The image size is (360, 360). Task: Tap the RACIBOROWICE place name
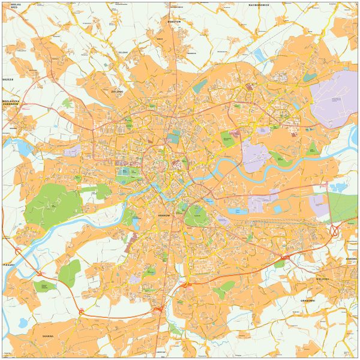259,4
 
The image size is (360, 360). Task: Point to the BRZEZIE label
7,79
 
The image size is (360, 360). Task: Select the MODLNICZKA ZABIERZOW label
11,103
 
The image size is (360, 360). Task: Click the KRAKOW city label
164,214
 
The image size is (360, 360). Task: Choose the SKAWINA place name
47,336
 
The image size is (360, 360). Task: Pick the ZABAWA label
351,259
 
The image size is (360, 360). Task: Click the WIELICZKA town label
322,279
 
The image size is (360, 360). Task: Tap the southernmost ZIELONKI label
117,91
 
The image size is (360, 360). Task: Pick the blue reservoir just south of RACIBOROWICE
259,56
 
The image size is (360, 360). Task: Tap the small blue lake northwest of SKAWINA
23,323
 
